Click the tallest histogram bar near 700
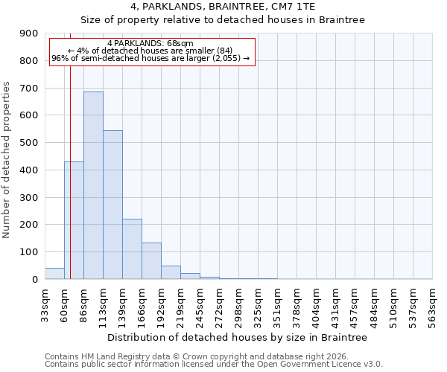click(x=93, y=186)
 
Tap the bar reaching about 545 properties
click(x=112, y=205)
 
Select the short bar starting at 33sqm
click(x=54, y=274)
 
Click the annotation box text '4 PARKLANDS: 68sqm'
click(x=150, y=44)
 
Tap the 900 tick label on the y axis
click(x=29, y=33)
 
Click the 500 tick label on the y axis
click(x=29, y=143)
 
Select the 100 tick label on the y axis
click(x=29, y=252)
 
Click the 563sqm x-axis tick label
click(x=433, y=304)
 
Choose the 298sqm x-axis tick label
click(x=239, y=304)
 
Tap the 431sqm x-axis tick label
click(x=336, y=304)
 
